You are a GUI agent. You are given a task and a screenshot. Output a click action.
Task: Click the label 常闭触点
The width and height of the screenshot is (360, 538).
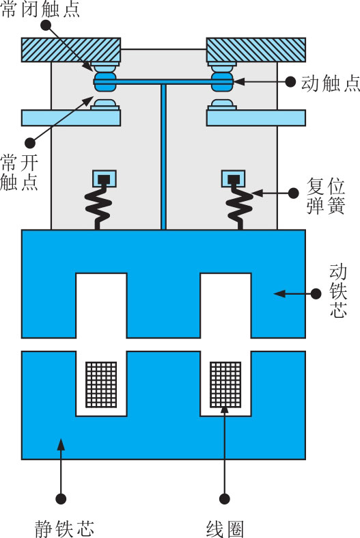click(40, 9)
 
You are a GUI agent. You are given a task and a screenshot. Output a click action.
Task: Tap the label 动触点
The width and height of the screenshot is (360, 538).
click(331, 83)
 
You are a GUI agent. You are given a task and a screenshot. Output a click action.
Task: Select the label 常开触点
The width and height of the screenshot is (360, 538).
click(19, 172)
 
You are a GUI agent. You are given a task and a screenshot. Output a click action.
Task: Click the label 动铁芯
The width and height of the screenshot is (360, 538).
click(338, 291)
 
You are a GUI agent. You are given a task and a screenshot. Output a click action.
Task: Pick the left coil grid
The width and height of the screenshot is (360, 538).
click(101, 384)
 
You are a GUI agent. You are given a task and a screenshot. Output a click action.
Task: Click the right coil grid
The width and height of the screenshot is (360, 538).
click(225, 384)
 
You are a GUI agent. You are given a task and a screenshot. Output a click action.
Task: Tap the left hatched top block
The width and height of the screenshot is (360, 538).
click(71, 50)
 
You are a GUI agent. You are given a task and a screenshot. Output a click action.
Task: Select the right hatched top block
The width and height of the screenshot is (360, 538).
click(255, 50)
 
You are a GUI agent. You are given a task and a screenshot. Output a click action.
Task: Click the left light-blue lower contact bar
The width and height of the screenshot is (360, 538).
click(71, 118)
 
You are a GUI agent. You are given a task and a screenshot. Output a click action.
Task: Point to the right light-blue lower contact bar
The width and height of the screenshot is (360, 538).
click(255, 118)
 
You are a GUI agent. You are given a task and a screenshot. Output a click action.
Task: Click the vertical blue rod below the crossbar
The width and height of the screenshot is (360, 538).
click(163, 157)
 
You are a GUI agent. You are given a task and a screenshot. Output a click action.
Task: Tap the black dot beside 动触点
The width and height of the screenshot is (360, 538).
click(290, 81)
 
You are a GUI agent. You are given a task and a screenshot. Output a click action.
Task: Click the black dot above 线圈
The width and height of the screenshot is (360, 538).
click(225, 498)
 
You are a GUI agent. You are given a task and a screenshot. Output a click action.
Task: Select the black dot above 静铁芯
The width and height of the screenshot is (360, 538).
click(61, 498)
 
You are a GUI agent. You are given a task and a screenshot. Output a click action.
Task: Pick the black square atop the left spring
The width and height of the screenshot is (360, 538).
click(105, 179)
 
